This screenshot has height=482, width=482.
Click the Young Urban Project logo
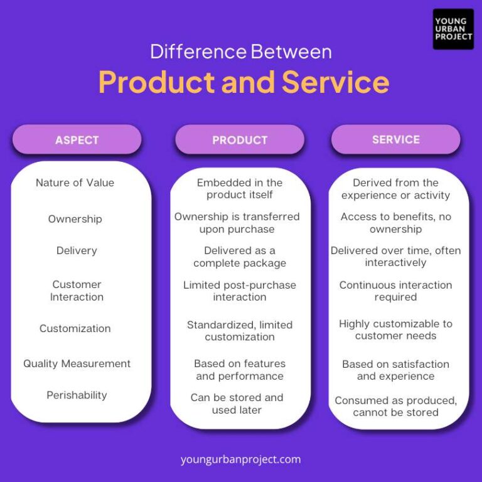click(x=453, y=29)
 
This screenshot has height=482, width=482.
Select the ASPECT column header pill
click(x=77, y=140)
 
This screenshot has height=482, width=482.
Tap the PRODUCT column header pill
click(x=240, y=140)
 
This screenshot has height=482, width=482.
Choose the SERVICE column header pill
click(x=395, y=139)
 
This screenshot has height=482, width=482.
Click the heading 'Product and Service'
click(x=244, y=82)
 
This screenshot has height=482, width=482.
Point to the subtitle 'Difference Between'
click(x=241, y=51)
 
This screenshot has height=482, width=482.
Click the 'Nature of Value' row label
click(x=75, y=183)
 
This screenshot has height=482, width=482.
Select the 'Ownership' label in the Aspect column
click(x=75, y=219)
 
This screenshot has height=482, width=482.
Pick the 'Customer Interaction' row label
click(x=77, y=291)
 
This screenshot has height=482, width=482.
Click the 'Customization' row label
click(x=75, y=328)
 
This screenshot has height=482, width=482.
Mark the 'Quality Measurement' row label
click(x=77, y=363)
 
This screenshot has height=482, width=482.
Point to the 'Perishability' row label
click(x=77, y=395)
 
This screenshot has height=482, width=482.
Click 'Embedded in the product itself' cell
click(x=240, y=189)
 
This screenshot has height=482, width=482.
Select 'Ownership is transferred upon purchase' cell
click(x=237, y=223)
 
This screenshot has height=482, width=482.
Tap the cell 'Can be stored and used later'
click(x=237, y=404)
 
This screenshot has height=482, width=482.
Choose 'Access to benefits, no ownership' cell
click(x=395, y=223)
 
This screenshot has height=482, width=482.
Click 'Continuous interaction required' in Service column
click(x=395, y=291)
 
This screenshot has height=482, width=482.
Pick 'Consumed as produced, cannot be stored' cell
click(x=395, y=406)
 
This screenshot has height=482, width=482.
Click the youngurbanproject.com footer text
click(x=241, y=459)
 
